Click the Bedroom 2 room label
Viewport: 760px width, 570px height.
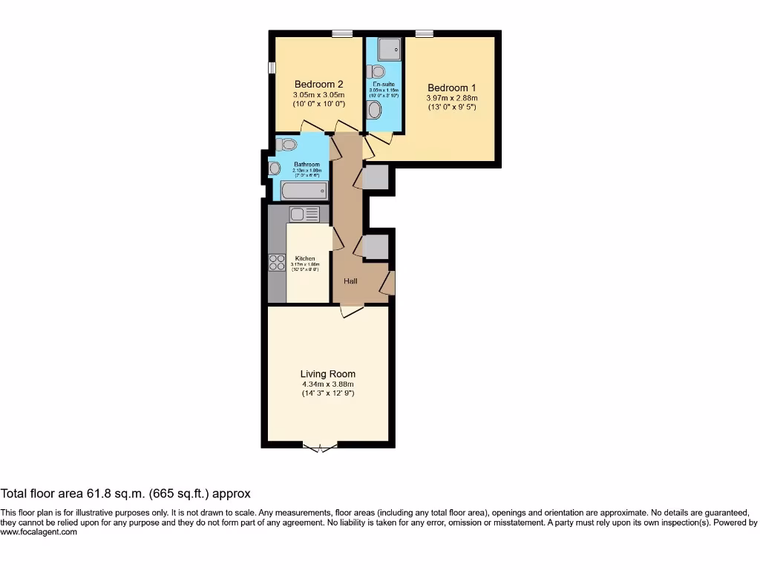pyautogui.click(x=318, y=84)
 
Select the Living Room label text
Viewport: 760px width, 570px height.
pyautogui.click(x=327, y=374)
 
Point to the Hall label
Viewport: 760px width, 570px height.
pyautogui.click(x=350, y=281)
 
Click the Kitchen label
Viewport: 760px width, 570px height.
pyautogui.click(x=305, y=258)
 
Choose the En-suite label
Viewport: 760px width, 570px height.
pyautogui.click(x=384, y=85)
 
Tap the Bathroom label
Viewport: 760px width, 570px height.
pyautogui.click(x=307, y=164)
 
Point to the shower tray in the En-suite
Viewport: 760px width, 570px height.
pyautogui.click(x=389, y=50)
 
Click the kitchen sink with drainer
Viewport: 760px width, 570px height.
pyautogui.click(x=304, y=214)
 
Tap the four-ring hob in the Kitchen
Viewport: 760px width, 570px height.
pyautogui.click(x=277, y=262)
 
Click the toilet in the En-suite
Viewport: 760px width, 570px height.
pyautogui.click(x=378, y=71)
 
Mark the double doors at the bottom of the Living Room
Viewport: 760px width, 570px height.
pyautogui.click(x=320, y=447)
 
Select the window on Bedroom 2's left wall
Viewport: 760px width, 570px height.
pyautogui.click(x=271, y=68)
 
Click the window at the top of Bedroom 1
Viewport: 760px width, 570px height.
pyautogui.click(x=425, y=33)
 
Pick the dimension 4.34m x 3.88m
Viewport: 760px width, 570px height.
pyautogui.click(x=327, y=384)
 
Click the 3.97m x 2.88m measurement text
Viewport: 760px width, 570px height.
pyautogui.click(x=452, y=98)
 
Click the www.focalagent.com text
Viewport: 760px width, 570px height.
pyautogui.click(x=39, y=532)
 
